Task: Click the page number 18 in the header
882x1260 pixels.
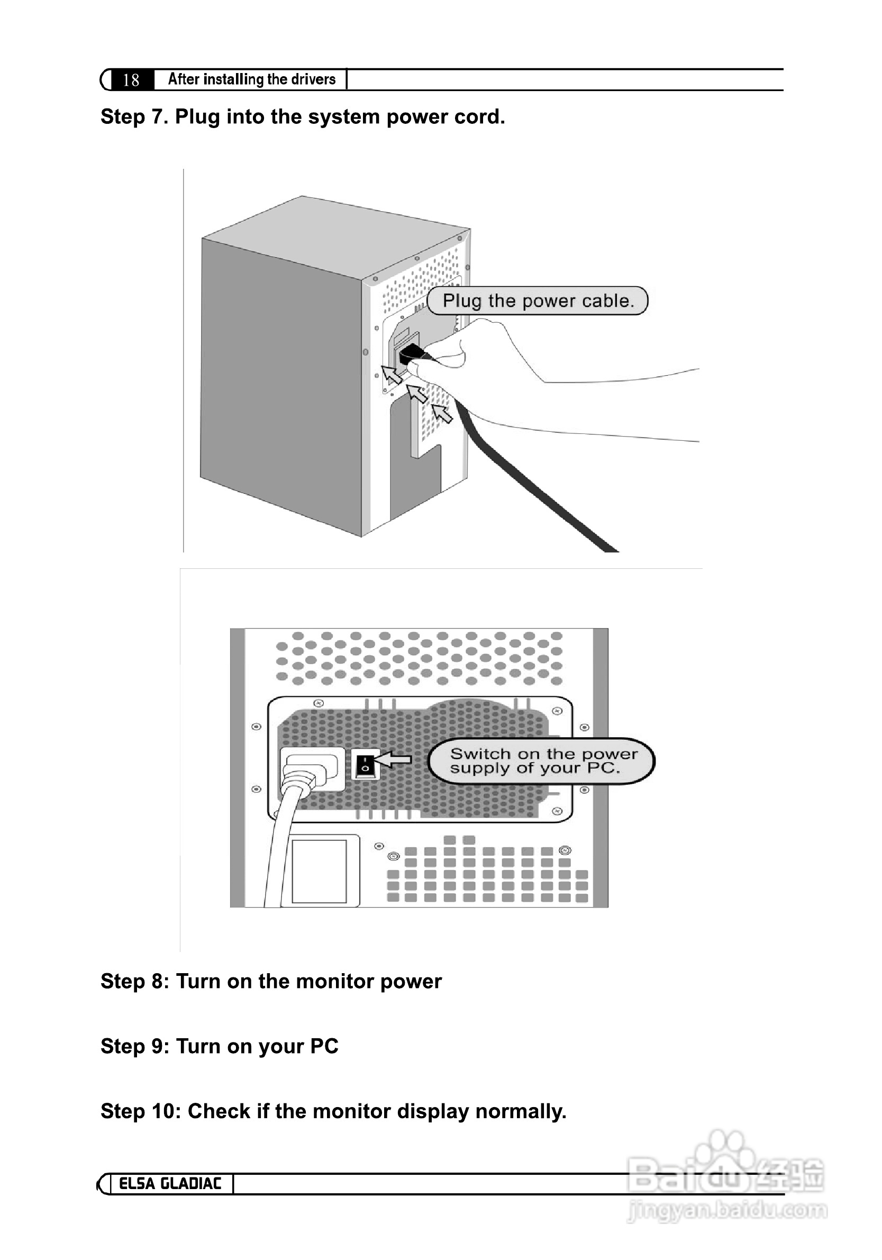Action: [x=131, y=80]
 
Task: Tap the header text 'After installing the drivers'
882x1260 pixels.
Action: [x=251, y=79]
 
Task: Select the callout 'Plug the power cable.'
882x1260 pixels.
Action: [x=538, y=301]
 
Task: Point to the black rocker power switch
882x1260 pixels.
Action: [x=365, y=764]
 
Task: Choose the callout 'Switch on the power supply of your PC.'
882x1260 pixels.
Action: [x=541, y=760]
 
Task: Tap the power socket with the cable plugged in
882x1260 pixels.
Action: [x=311, y=768]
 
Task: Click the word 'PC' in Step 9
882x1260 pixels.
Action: [x=324, y=1046]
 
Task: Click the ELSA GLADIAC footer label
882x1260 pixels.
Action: [x=170, y=1183]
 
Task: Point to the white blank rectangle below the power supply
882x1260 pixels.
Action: [x=319, y=871]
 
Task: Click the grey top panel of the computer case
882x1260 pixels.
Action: [x=335, y=236]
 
